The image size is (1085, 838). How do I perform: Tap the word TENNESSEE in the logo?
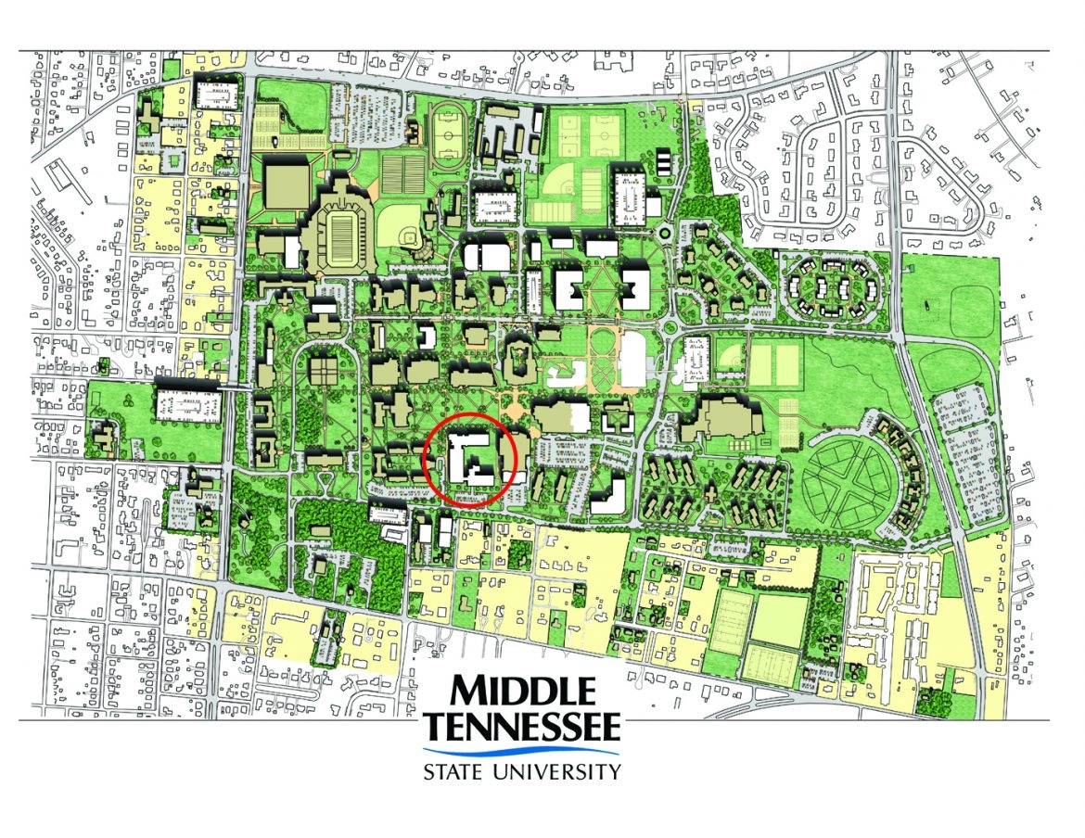coord(522,727)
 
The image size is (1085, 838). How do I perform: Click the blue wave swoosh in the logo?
coord(522,752)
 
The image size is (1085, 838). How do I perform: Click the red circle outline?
coord(426,461)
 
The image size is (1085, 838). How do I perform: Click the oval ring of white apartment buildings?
coord(832,288)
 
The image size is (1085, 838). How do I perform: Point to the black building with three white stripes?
coord(664,162)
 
